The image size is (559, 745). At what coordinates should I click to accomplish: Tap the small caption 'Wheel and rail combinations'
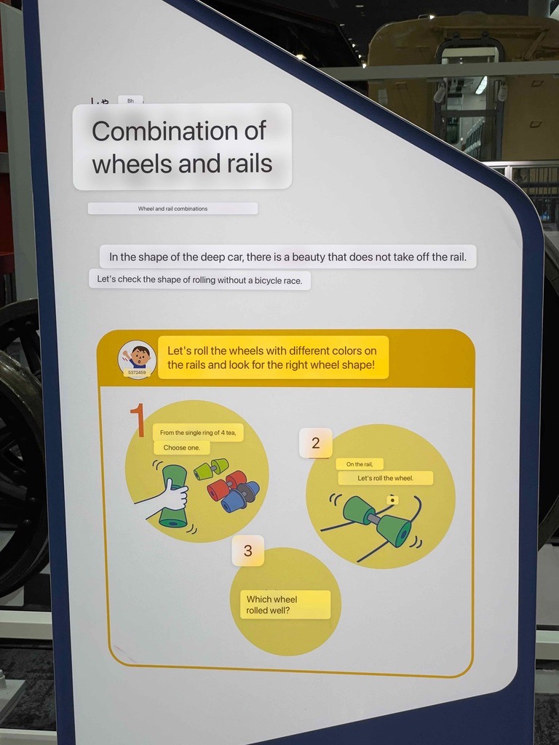[173, 209]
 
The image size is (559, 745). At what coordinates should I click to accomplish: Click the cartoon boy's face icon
[138, 359]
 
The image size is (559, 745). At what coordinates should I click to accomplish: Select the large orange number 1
[138, 420]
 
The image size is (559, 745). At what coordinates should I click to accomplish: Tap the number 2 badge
[316, 443]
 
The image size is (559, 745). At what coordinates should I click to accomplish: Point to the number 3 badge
[247, 551]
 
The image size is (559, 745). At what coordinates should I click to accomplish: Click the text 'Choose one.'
[181, 447]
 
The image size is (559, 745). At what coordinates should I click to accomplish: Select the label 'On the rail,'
[360, 464]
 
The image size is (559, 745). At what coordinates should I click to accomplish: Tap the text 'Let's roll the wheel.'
[386, 478]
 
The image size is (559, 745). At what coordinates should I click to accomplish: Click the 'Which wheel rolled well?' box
[285, 605]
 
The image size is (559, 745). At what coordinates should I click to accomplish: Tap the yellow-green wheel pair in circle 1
[210, 468]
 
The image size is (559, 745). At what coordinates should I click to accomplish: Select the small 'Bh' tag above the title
[131, 100]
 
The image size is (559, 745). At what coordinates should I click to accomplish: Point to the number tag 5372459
[138, 372]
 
